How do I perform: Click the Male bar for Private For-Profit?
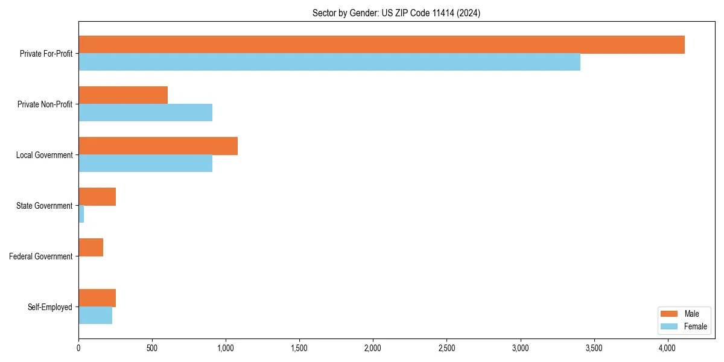pyautogui.click(x=381, y=45)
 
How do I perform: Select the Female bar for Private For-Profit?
pyautogui.click(x=329, y=62)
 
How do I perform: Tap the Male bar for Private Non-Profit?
pyautogui.click(x=123, y=95)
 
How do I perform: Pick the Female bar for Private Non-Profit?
pyautogui.click(x=145, y=113)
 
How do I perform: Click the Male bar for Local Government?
pyautogui.click(x=158, y=146)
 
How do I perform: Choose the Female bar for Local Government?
pyautogui.click(x=145, y=164)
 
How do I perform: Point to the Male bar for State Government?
pyautogui.click(x=97, y=197)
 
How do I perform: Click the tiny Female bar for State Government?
pyautogui.click(x=81, y=214)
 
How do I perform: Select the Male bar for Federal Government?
pyautogui.click(x=91, y=247)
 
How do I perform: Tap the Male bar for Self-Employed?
pyautogui.click(x=97, y=298)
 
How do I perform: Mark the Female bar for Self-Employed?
pyautogui.click(x=95, y=316)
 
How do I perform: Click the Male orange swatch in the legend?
pyautogui.click(x=670, y=314)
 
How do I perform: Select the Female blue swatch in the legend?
pyautogui.click(x=670, y=326)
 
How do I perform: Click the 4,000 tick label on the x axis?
pyautogui.click(x=667, y=348)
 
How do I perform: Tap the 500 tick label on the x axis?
pyautogui.click(x=152, y=348)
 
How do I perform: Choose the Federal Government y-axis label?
pyautogui.click(x=41, y=256)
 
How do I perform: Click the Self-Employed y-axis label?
pyautogui.click(x=50, y=307)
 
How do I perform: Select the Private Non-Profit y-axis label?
pyautogui.click(x=45, y=104)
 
